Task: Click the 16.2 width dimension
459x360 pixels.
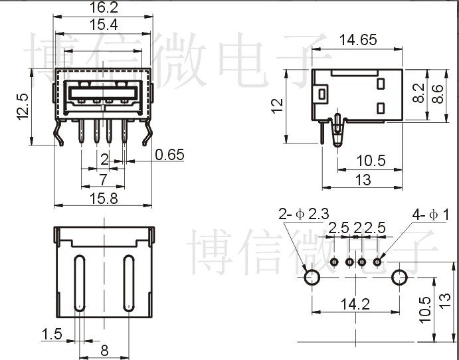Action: tap(103, 8)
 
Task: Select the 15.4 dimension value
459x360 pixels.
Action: tap(103, 25)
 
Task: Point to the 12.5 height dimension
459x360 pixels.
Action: tap(22, 106)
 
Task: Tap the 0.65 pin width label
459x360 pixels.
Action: tap(169, 155)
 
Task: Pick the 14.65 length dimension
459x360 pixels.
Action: tap(358, 39)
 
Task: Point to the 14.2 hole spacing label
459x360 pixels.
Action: tap(355, 304)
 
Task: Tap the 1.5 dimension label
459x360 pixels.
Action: tap(52, 334)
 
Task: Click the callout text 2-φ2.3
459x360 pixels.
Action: tap(304, 214)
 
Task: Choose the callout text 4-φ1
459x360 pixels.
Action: tap(430, 214)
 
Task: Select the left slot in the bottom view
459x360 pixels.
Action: tap(78, 282)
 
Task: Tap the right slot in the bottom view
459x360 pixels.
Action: tap(128, 282)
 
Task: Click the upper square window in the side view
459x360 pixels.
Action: tap(381, 84)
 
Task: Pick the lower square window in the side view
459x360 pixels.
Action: tap(381, 108)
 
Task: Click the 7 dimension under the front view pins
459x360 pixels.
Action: tap(103, 179)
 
